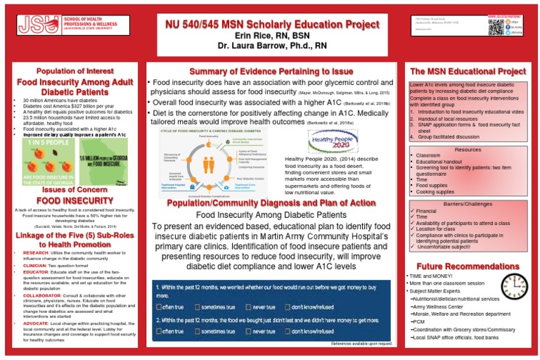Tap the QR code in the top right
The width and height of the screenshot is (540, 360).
coord(496,26)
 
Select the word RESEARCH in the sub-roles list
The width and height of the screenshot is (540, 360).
coord(36,251)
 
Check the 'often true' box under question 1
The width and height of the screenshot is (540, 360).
coord(159,307)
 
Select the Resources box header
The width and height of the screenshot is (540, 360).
coord(468,150)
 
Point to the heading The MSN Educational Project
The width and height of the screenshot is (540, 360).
coord(468,71)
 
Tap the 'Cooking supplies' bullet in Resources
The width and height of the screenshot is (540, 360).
coord(435,191)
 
